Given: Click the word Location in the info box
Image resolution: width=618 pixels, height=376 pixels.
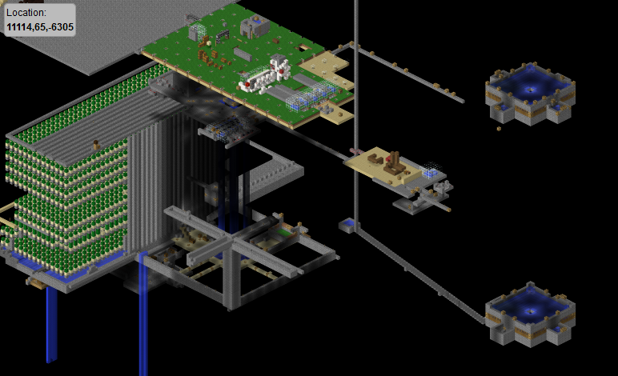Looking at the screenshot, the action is click(x=26, y=13).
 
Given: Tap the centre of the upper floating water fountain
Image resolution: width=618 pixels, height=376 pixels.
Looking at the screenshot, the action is click(x=530, y=94).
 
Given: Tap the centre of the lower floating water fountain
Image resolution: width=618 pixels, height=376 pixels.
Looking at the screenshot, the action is click(x=530, y=314).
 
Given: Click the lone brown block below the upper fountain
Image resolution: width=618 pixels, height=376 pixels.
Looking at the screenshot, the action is click(x=499, y=128).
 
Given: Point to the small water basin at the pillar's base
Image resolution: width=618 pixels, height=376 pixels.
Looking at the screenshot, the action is click(x=347, y=226).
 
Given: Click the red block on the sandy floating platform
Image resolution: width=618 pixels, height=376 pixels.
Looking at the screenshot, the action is click(x=388, y=158).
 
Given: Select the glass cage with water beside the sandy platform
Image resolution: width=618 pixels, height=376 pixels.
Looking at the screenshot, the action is click(x=430, y=170).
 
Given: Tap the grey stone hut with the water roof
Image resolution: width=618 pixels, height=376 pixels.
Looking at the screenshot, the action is click(x=255, y=26).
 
